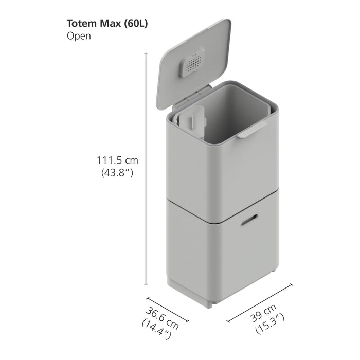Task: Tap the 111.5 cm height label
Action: point(118,160)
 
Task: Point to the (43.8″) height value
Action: point(118,173)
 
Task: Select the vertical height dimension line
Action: point(146,170)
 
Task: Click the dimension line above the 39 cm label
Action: point(260,302)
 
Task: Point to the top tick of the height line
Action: point(146,53)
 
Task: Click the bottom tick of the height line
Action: point(146,284)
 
